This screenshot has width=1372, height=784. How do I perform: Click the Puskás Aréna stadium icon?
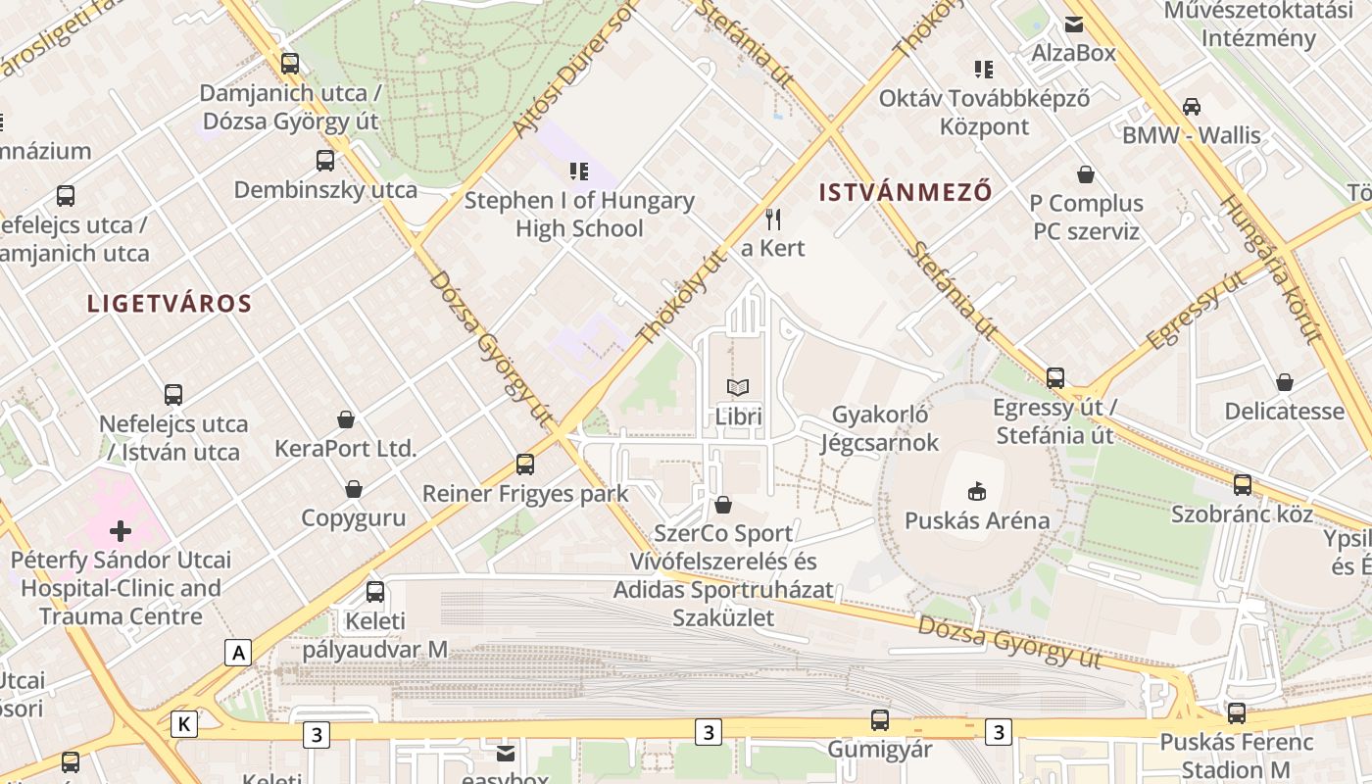[976, 490]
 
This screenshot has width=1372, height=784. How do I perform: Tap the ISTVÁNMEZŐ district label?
[906, 192]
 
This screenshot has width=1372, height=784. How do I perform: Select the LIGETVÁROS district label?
[170, 304]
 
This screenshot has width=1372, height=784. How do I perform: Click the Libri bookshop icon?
[738, 387]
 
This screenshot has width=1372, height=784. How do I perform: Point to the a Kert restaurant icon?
[773, 219]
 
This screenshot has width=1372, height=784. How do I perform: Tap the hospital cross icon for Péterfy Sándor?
[121, 531]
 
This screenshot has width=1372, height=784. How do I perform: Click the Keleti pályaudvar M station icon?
[375, 591]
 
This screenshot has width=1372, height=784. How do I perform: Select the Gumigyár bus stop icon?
[880, 720]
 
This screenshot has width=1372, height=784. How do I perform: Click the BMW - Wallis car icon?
[1192, 106]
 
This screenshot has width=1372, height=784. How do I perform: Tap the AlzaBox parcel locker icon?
[1074, 24]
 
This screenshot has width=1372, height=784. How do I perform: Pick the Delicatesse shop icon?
[1284, 382]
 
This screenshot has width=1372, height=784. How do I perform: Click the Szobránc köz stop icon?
[1243, 484]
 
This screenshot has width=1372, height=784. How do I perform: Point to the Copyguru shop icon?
[353, 488]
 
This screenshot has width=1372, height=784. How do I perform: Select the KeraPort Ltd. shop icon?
[345, 419]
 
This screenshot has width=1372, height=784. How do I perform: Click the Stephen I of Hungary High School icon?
[579, 171]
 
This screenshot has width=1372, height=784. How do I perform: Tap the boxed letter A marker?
[237, 653]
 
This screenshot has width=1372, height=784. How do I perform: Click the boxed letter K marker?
[183, 724]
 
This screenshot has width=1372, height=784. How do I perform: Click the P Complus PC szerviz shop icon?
[1086, 174]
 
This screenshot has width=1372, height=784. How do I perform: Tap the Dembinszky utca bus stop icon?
[325, 161]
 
